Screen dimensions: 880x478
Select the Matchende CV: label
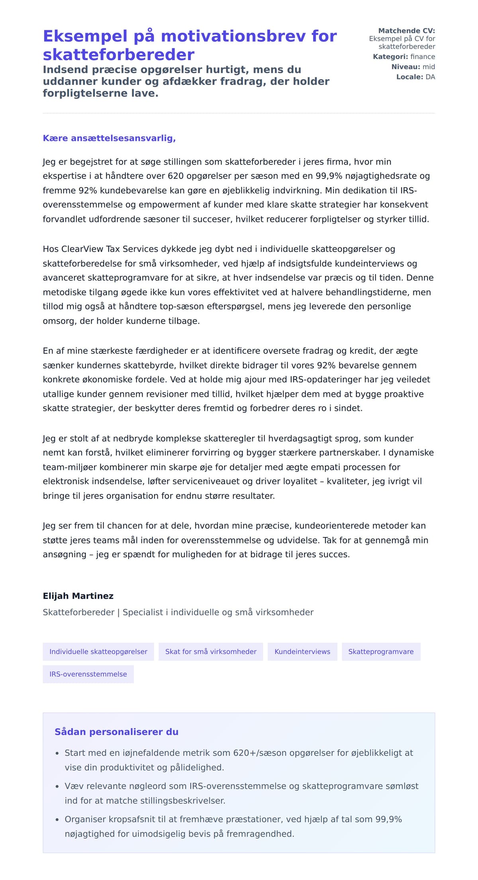pyautogui.click(x=406, y=31)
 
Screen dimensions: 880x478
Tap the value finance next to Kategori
pyautogui.click(x=423, y=57)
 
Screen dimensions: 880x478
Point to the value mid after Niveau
pyautogui.click(x=429, y=67)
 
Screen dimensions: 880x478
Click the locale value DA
pyautogui.click(x=430, y=77)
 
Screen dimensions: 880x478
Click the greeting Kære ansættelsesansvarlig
pyautogui.click(x=109, y=138)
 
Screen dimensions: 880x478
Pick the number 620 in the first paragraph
pyautogui.click(x=176, y=176)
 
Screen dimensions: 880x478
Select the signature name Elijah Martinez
pyautogui.click(x=78, y=596)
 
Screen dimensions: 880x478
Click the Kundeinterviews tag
pyautogui.click(x=302, y=651)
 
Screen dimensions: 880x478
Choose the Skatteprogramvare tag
pyautogui.click(x=381, y=651)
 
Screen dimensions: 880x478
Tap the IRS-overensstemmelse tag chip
pyautogui.click(x=88, y=674)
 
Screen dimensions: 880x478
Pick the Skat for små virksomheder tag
pyautogui.click(x=211, y=651)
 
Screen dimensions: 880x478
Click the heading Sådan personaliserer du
pyautogui.click(x=116, y=732)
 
